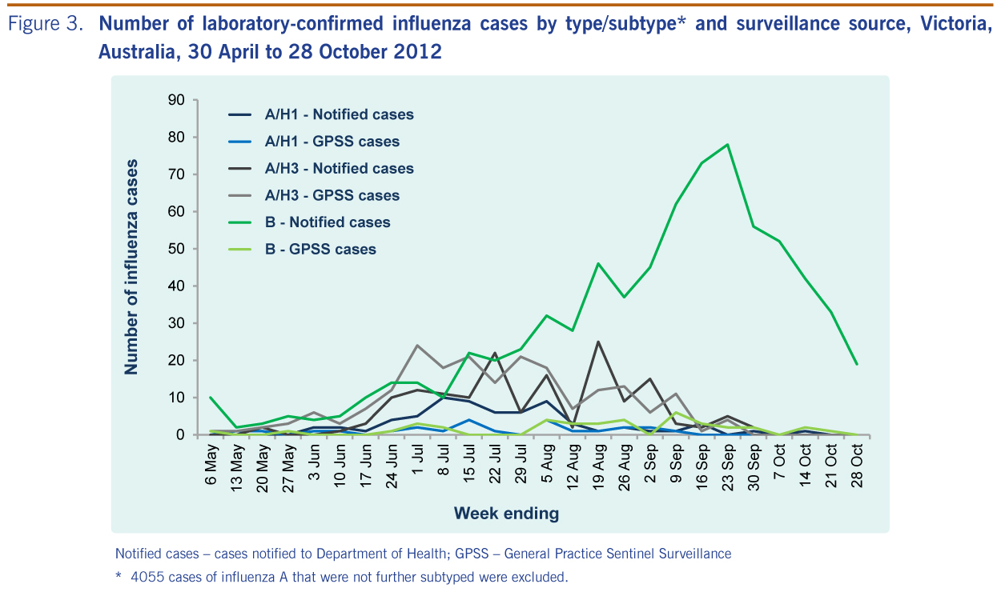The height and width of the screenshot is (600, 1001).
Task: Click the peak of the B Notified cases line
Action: tap(727, 144)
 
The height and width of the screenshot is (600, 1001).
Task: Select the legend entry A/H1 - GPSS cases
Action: tap(314, 142)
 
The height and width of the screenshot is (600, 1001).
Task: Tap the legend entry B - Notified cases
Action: tap(309, 222)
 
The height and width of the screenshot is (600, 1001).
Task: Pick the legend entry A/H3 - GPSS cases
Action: tap(314, 195)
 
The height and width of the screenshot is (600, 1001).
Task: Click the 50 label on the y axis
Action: tap(176, 249)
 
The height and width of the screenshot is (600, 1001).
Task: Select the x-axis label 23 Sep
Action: tap(729, 467)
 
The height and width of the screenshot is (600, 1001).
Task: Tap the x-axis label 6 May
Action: tap(211, 465)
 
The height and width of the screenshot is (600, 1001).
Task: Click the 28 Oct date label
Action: tap(858, 466)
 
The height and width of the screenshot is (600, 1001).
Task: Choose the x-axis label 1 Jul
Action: tap(418, 459)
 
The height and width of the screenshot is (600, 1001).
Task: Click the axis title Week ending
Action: tap(506, 514)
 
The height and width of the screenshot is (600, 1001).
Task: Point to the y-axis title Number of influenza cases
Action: tap(131, 267)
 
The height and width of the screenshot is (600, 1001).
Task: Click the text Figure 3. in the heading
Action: tap(46, 23)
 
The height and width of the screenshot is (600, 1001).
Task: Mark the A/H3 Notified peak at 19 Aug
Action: tap(598, 342)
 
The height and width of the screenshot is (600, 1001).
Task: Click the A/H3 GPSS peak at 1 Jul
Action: tap(417, 345)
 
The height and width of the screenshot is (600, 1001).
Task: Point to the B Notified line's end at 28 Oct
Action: tap(857, 364)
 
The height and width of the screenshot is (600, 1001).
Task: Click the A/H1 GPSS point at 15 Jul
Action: tap(468, 420)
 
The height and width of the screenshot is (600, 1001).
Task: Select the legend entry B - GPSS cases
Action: tap(302, 249)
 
